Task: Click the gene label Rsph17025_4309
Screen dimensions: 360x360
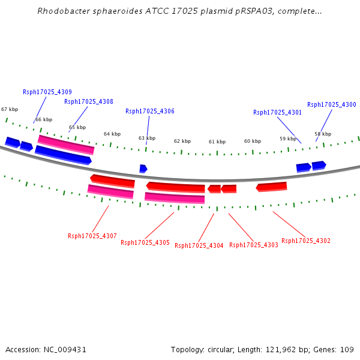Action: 47,92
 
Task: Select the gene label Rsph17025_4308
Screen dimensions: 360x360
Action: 89,102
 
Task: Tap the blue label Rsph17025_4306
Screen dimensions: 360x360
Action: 150,112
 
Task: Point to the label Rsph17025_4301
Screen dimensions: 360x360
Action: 277,113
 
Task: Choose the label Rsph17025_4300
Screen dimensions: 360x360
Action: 332,104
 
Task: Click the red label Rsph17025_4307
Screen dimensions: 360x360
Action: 92,236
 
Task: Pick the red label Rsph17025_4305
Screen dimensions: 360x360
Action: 145,242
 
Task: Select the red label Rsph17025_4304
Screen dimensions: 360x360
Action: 199,245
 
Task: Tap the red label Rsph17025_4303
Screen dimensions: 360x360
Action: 254,245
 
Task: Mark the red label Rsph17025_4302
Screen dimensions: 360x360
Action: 306,241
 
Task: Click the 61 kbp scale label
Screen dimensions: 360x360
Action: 217,142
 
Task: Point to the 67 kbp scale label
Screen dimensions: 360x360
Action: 10,109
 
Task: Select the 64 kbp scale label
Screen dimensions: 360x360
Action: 112,134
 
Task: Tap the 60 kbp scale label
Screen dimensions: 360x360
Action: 253,141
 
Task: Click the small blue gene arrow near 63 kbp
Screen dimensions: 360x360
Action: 143,169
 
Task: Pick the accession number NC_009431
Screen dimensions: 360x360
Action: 65,350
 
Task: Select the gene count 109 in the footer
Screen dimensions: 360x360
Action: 347,350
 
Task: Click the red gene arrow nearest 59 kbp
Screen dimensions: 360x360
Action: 271,187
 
